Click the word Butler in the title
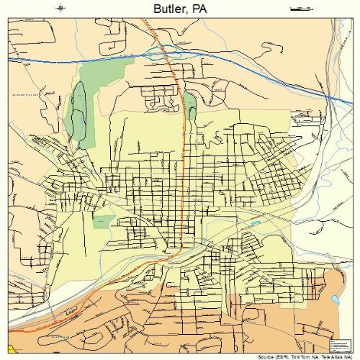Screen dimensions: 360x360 click(168, 8)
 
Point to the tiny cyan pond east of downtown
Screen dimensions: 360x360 click(256, 224)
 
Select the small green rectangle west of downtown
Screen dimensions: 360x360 click(104, 220)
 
